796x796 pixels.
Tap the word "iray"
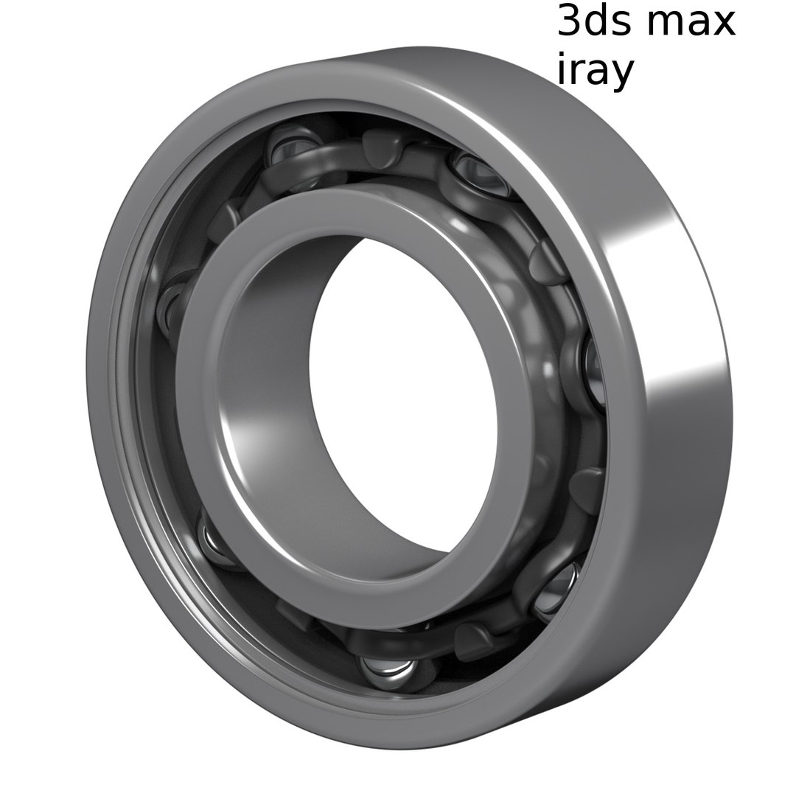594,71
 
